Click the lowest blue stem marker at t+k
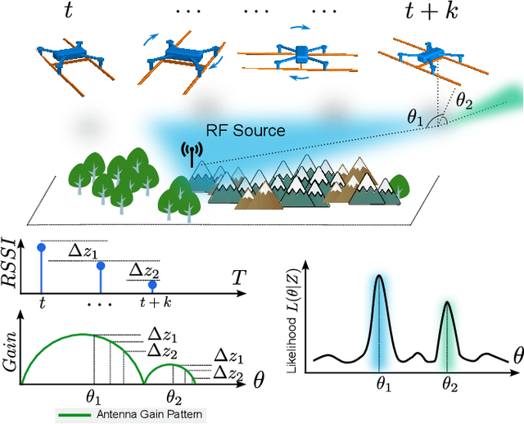(152, 285)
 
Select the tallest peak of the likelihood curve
(378, 278)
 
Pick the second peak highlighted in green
(447, 304)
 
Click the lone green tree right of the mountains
(399, 183)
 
